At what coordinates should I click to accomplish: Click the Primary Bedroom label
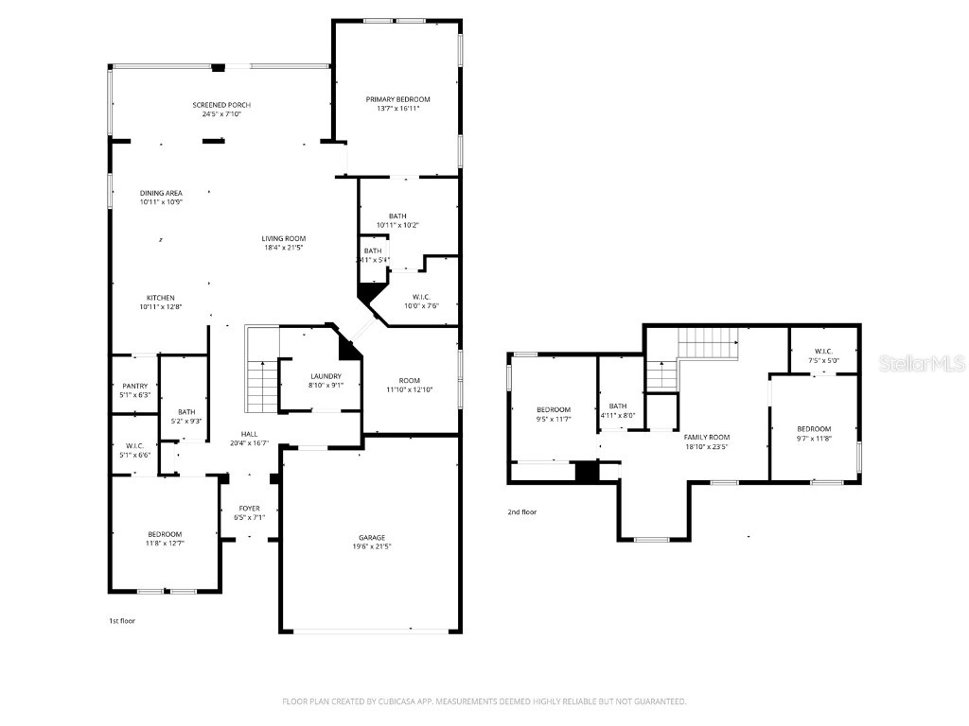click(x=397, y=99)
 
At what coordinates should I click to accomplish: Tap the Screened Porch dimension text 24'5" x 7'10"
click(x=220, y=114)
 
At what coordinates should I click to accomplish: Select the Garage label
click(x=371, y=538)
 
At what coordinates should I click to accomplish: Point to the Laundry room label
click(x=325, y=376)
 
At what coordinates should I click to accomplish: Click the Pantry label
click(x=135, y=386)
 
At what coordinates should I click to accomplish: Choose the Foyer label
click(x=249, y=509)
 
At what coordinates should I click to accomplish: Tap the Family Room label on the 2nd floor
click(x=707, y=437)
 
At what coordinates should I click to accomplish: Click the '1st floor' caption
click(x=122, y=621)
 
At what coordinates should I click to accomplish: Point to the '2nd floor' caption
click(x=521, y=511)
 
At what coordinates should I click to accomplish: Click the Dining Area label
click(x=161, y=193)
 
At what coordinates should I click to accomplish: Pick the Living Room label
click(x=284, y=238)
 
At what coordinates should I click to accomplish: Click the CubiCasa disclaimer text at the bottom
click(x=484, y=701)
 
